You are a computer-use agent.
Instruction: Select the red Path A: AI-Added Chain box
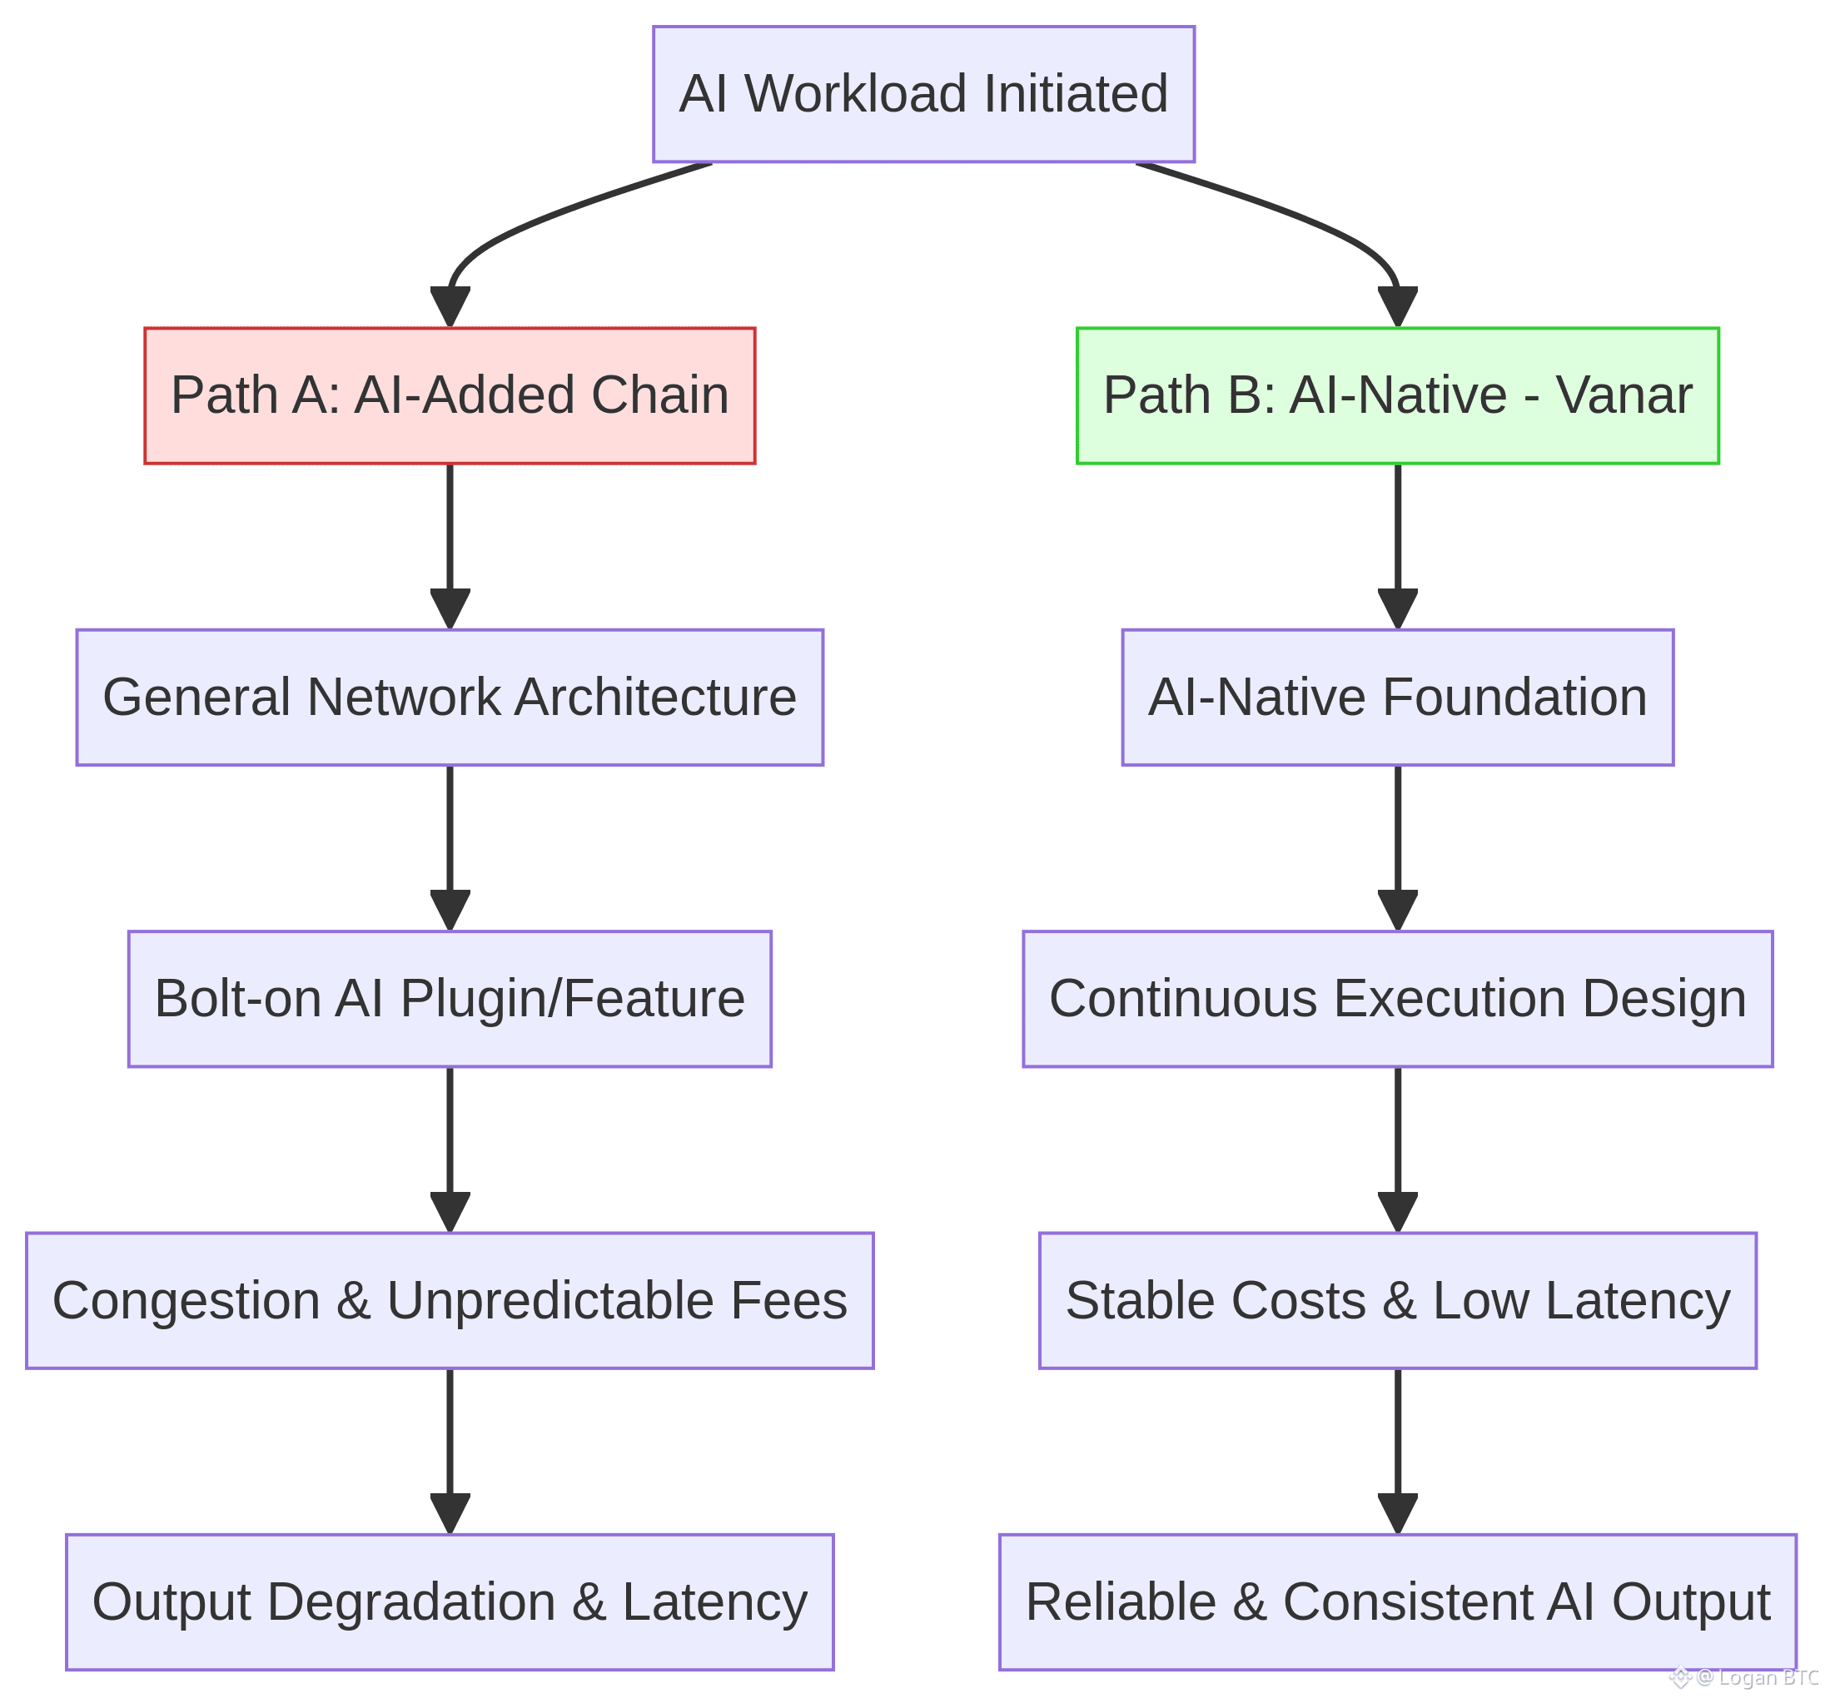pos(450,395)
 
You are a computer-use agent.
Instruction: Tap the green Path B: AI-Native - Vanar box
pos(1397,395)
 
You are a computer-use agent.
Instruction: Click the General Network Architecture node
pos(450,698)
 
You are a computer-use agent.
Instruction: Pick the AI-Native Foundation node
pos(1397,698)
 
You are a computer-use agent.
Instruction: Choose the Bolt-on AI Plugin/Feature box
pos(450,999)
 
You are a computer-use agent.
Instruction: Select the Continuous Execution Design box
pos(1397,999)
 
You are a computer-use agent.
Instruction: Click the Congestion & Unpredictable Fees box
pos(450,1301)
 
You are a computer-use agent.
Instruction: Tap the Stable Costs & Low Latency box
pos(1397,1301)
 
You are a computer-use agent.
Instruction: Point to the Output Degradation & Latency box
pos(450,1601)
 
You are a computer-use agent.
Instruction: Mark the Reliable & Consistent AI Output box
pos(1397,1601)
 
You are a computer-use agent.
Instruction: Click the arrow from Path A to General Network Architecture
pos(450,542)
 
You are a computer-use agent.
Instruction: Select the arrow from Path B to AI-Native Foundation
pos(1397,542)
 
